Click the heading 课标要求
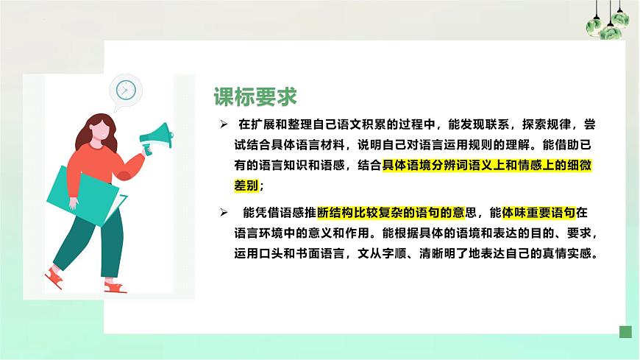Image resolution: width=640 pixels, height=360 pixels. pos(255,96)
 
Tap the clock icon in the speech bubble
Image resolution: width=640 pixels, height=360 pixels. pos(126,90)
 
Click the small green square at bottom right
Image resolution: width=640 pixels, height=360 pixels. pos(625,332)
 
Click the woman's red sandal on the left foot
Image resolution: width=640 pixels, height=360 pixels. pos(54,278)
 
